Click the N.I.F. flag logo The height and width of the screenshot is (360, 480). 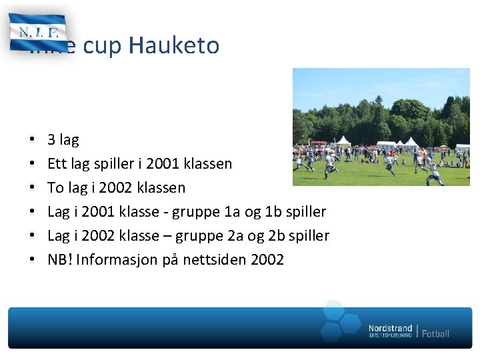37,32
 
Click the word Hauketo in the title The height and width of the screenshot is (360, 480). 174,45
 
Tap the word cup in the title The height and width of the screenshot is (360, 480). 104,45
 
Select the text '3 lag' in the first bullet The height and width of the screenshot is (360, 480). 63,140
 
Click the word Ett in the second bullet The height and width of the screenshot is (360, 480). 57,164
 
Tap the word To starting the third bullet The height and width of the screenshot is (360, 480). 56,188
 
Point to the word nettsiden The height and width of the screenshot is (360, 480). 217,260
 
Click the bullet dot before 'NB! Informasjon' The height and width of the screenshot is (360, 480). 33,260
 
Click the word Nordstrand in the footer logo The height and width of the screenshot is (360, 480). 390,328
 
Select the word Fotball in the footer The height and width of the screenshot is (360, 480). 435,333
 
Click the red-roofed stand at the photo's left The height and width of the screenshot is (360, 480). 319,143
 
